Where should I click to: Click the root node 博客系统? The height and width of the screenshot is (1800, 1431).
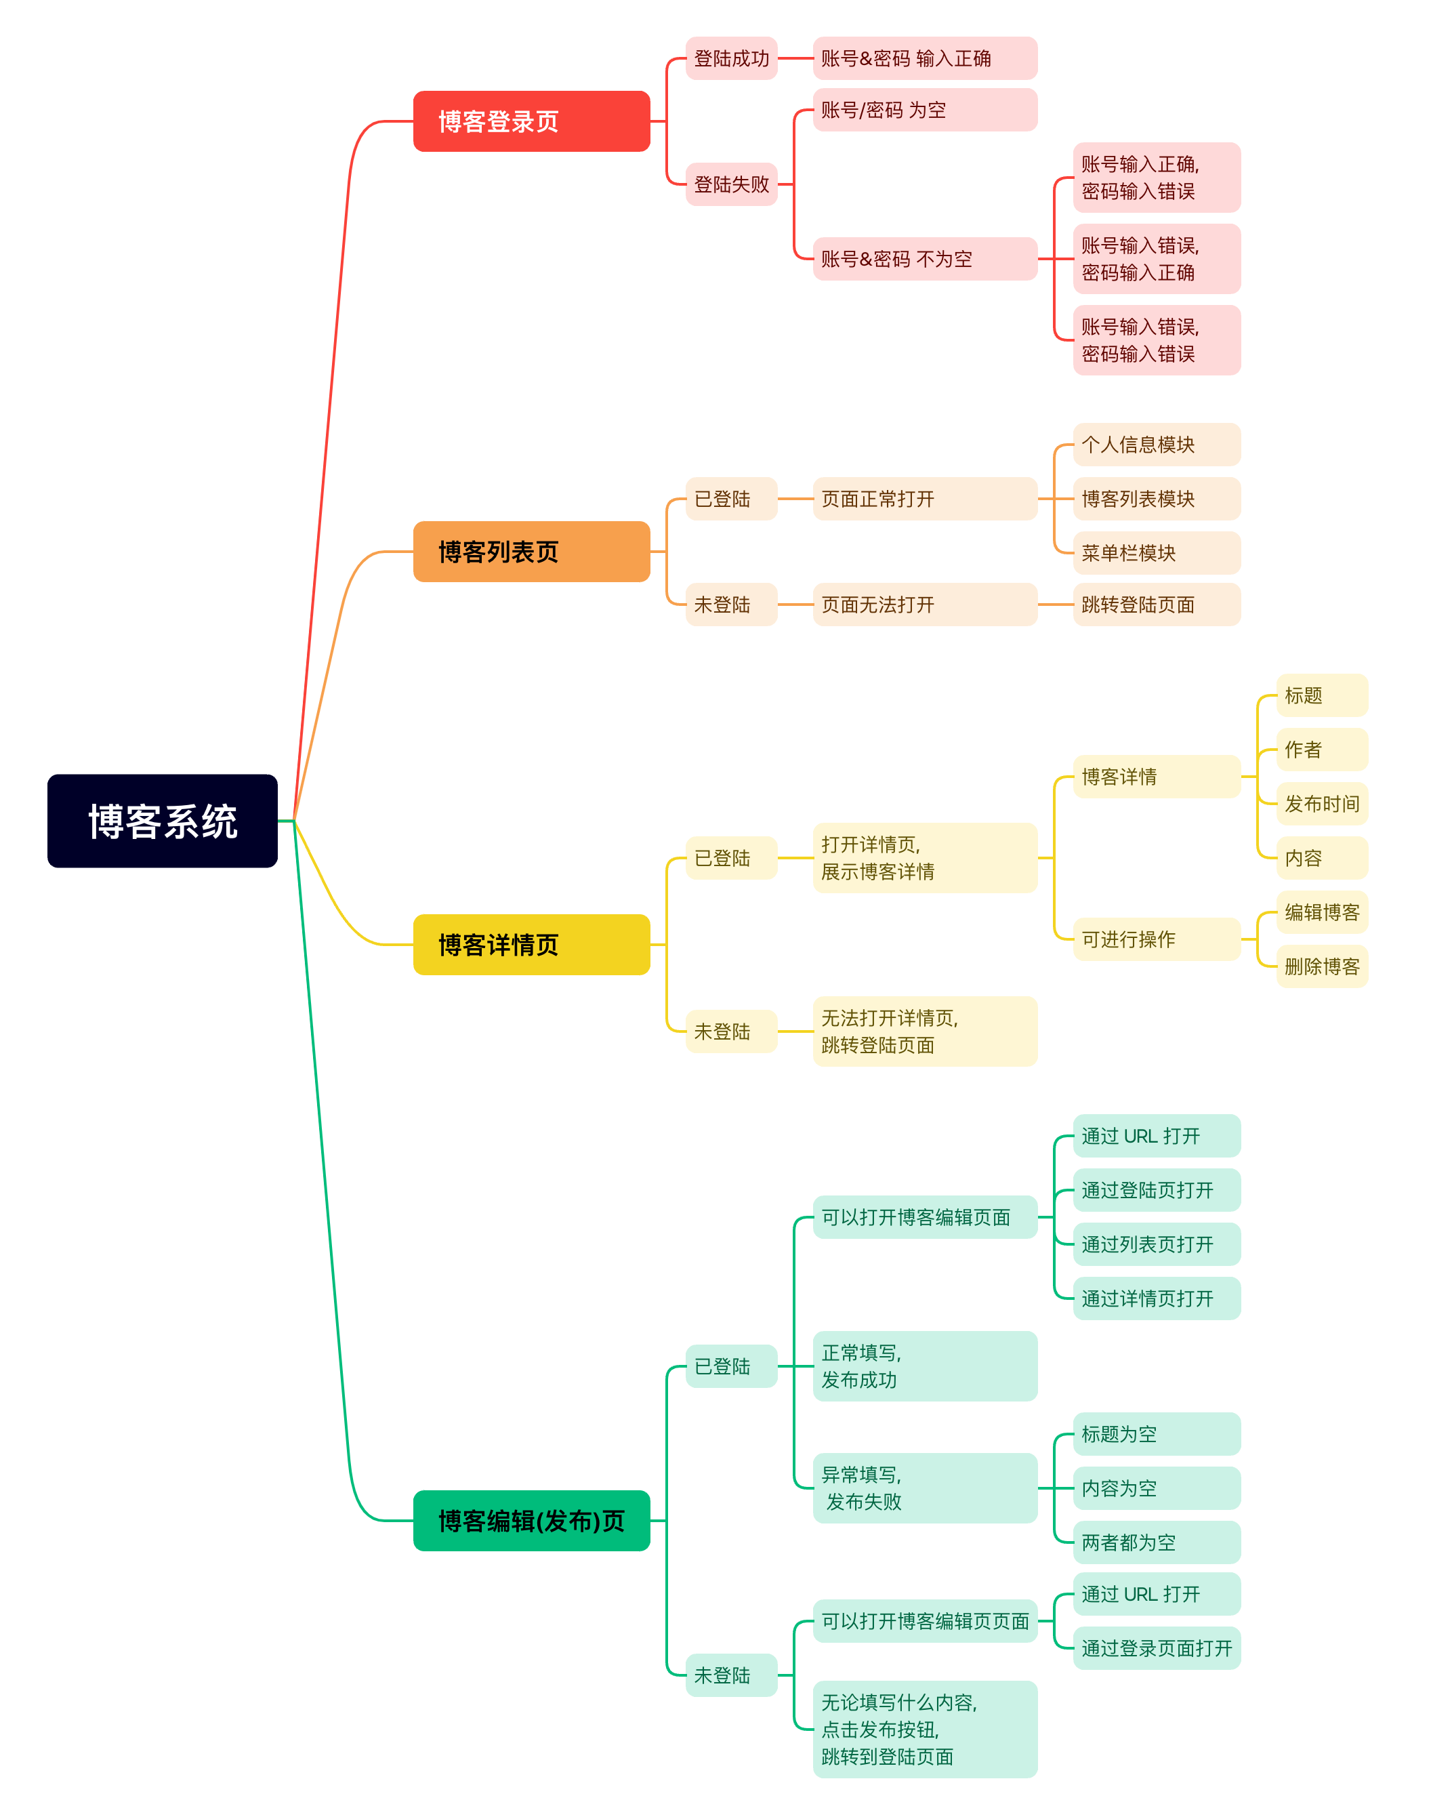(162, 821)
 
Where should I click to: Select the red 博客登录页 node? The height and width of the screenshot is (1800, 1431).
(531, 121)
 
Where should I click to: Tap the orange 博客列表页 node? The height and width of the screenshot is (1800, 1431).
(531, 551)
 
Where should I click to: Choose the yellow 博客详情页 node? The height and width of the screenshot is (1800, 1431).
(531, 944)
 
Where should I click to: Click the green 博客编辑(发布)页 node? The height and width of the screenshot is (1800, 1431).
(531, 1520)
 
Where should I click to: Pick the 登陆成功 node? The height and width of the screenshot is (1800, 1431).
(731, 58)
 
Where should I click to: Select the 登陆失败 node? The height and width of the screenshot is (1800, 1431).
(731, 184)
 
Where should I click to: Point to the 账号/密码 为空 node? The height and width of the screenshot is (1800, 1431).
(924, 109)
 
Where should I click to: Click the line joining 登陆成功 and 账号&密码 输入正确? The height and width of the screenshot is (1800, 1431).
(795, 58)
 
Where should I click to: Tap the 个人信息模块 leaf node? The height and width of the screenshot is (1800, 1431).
(1157, 444)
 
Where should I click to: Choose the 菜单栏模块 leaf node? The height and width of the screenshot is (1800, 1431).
(1157, 553)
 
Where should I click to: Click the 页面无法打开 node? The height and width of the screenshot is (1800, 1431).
(924, 605)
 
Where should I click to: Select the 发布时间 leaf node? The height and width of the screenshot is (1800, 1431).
(1322, 804)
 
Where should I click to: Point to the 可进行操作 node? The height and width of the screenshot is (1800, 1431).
(1157, 939)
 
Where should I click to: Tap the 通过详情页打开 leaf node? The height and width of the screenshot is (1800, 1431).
(1157, 1298)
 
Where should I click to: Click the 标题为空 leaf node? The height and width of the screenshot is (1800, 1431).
(1157, 1433)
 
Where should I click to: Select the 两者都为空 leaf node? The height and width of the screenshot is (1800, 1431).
(1157, 1542)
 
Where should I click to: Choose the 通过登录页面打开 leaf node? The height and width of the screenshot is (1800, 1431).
(1157, 1648)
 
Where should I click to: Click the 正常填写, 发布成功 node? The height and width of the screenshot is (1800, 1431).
(924, 1366)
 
